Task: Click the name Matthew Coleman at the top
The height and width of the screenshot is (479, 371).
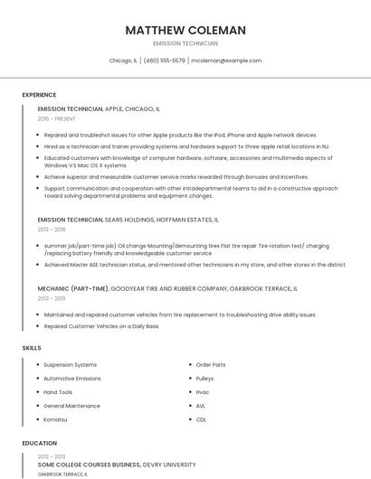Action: (185, 30)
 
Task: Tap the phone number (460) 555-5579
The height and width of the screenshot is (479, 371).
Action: (164, 61)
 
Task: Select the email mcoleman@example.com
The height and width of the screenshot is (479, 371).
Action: (226, 61)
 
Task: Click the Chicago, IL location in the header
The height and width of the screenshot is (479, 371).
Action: (123, 61)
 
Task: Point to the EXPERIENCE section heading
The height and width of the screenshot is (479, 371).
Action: (39, 95)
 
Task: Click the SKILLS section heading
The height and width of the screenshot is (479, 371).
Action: (32, 347)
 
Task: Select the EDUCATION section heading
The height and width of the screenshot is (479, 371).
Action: (39, 444)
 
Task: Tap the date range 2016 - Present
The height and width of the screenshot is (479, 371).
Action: (57, 118)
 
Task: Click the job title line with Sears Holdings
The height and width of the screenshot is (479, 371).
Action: (128, 220)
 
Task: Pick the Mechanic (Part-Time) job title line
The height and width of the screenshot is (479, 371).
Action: (167, 289)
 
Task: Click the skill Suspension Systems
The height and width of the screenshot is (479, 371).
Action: (71, 365)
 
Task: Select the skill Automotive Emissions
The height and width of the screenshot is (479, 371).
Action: (72, 379)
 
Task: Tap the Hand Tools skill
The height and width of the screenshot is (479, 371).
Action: (58, 392)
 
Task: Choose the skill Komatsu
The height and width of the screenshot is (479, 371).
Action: (56, 419)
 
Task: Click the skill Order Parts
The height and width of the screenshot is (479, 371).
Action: (211, 365)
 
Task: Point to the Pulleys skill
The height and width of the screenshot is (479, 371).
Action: (205, 379)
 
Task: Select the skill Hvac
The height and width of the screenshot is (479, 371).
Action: (203, 392)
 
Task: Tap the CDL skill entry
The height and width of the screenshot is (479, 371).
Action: (201, 419)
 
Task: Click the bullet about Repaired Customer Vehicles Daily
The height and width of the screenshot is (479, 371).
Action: (101, 326)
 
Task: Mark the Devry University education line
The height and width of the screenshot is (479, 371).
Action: (117, 465)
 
